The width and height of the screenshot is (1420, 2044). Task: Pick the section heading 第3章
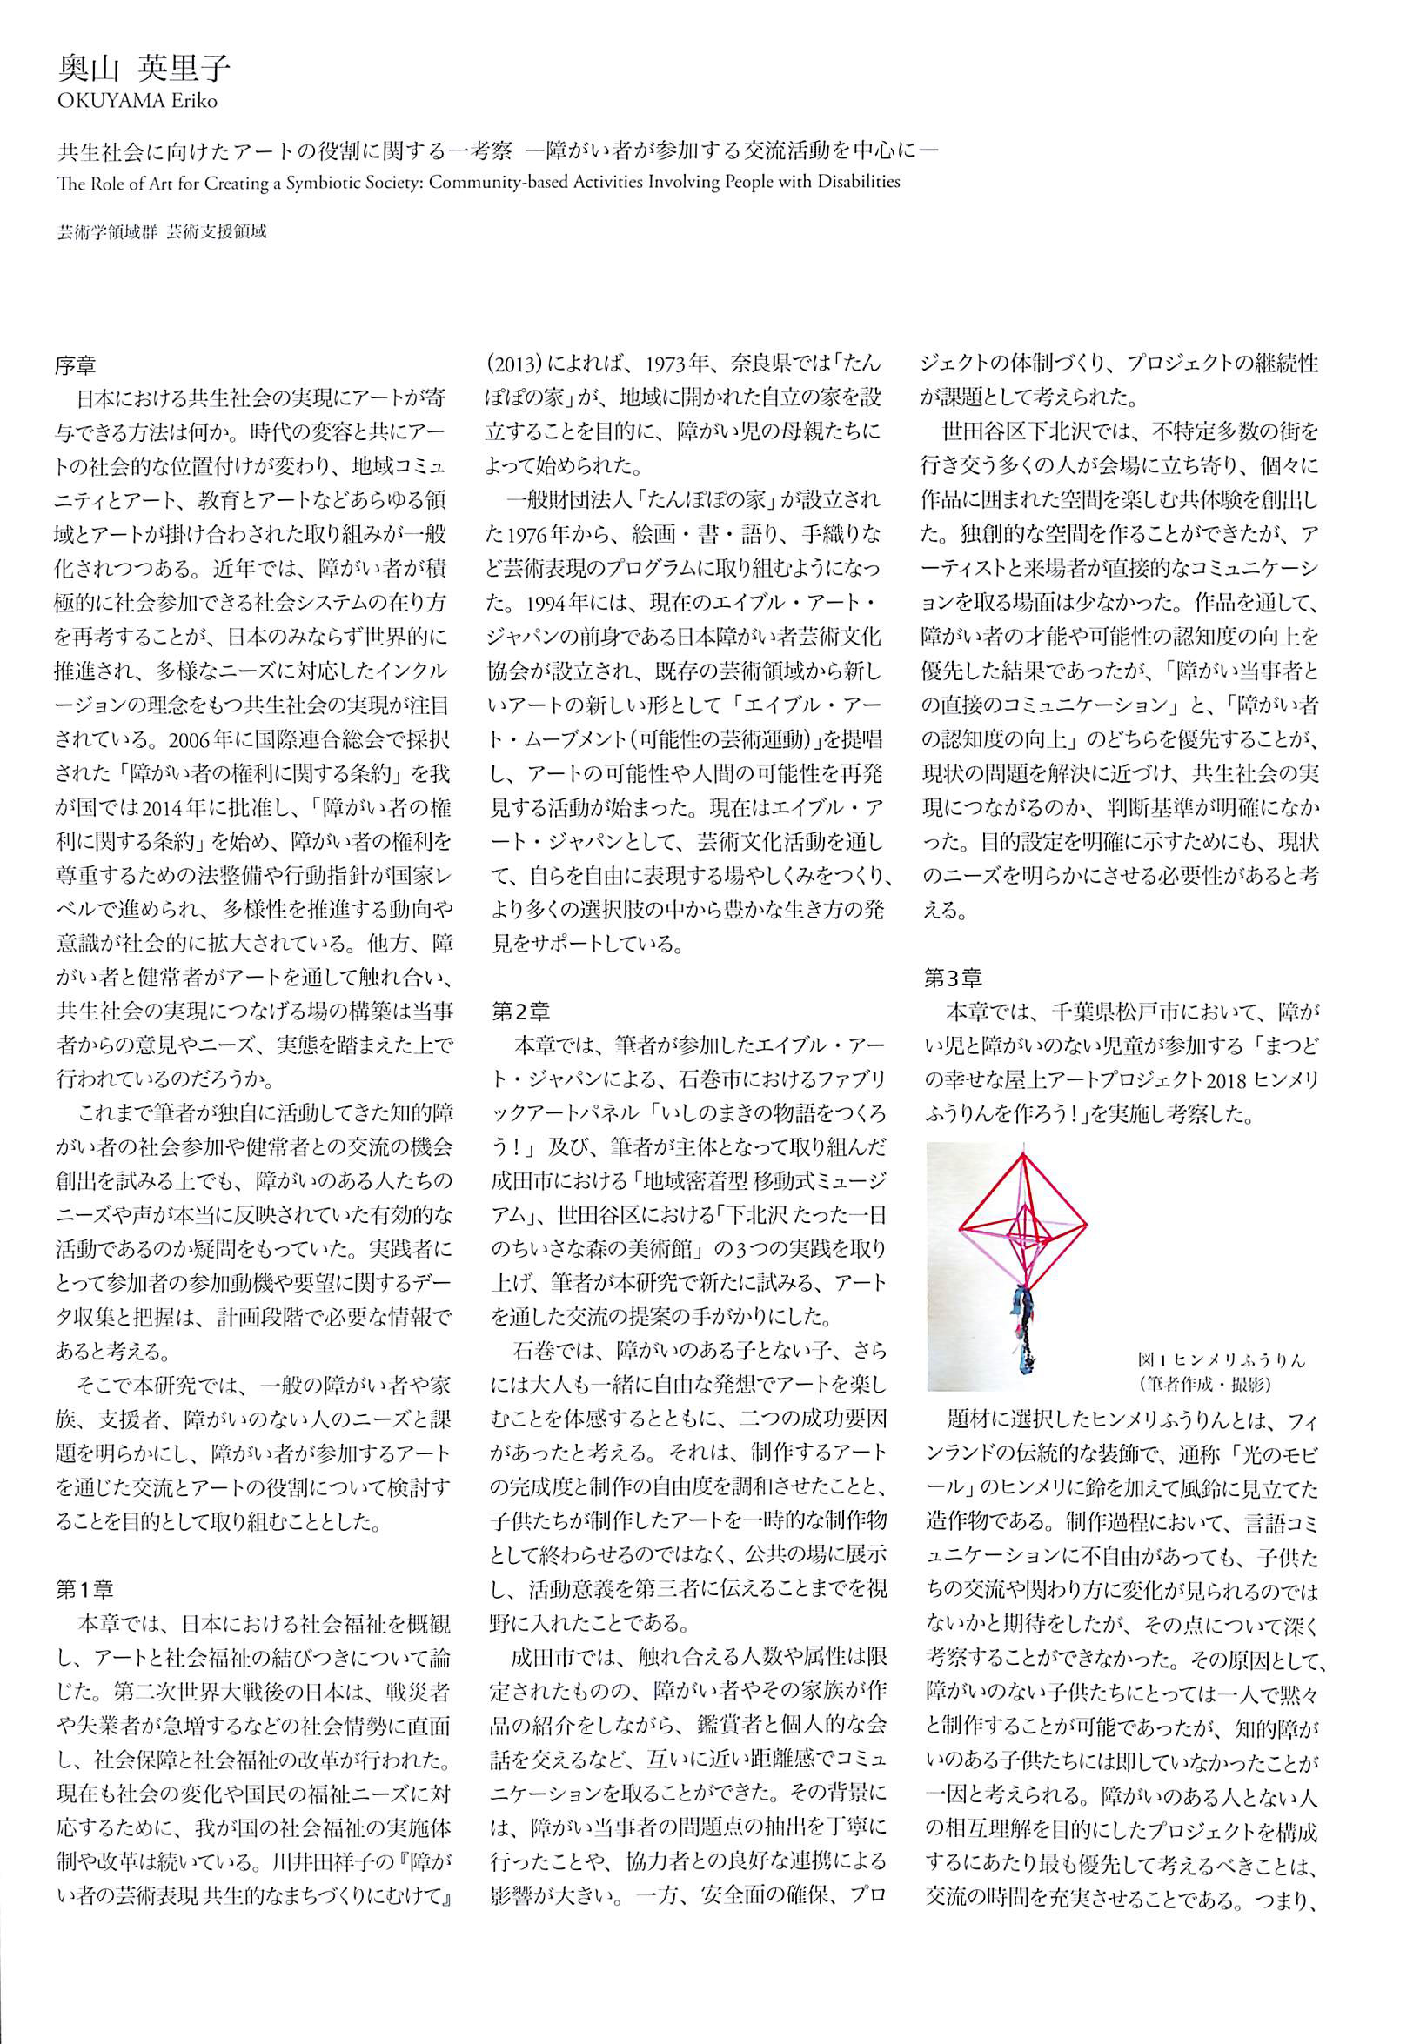(953, 979)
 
